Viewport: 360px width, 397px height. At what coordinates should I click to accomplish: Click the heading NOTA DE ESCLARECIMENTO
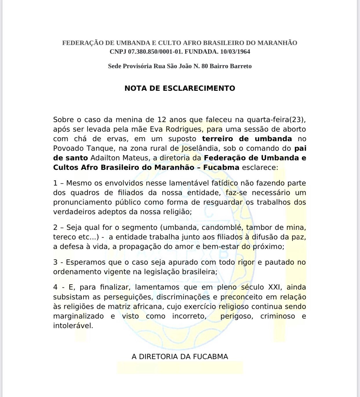pos(180,88)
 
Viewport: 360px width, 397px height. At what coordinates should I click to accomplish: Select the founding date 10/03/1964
pos(235,52)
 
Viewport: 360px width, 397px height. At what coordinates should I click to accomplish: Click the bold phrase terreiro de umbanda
pos(247,139)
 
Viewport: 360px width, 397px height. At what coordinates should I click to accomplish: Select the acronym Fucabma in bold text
pos(221,167)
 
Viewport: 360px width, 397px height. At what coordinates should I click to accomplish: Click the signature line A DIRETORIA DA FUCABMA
pos(180,356)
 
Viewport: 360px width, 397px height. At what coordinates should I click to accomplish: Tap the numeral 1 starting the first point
pos(55,183)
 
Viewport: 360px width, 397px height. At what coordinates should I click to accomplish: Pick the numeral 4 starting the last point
pos(55,287)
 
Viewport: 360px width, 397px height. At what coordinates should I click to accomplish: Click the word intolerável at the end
pos(73,326)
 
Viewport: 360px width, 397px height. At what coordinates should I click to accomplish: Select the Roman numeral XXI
pos(274,287)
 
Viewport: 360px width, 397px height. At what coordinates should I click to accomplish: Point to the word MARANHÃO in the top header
pos(277,43)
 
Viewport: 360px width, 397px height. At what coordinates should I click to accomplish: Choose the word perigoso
pos(237,316)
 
